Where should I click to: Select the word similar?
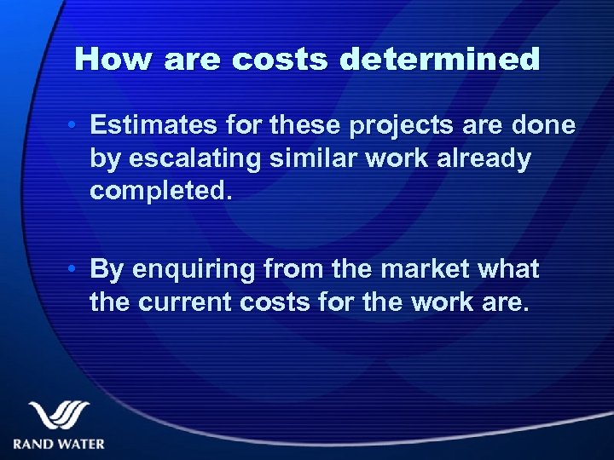coord(311,158)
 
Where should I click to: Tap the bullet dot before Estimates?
coord(74,127)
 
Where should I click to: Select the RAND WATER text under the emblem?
coord(59,443)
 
